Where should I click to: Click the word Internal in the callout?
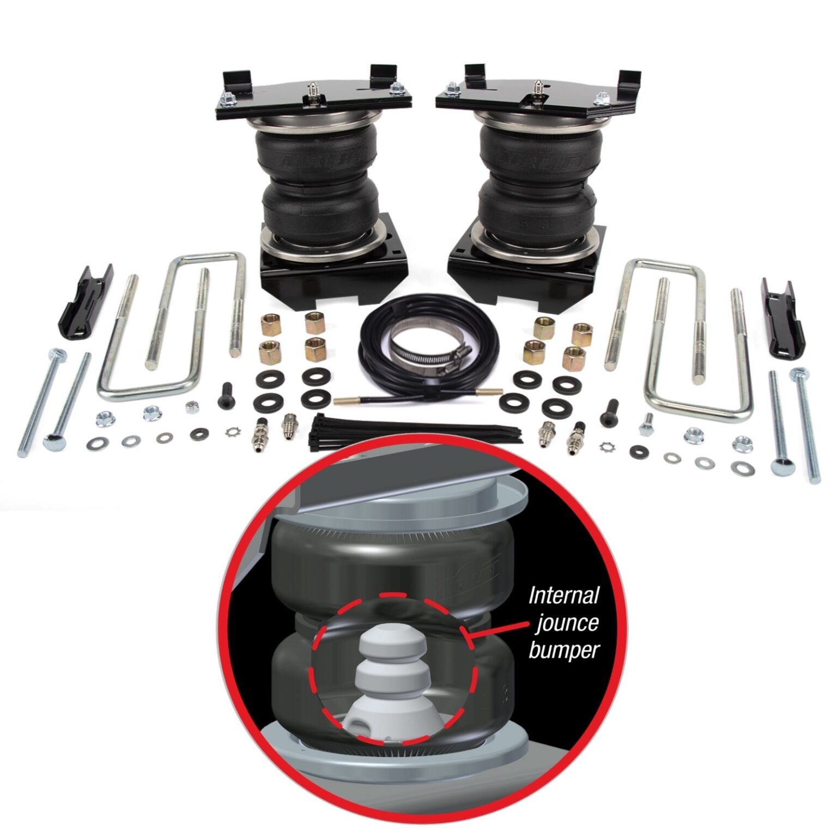564,595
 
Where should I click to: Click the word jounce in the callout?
567,623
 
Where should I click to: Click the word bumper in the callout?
564,650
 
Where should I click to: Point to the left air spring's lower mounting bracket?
332,272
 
